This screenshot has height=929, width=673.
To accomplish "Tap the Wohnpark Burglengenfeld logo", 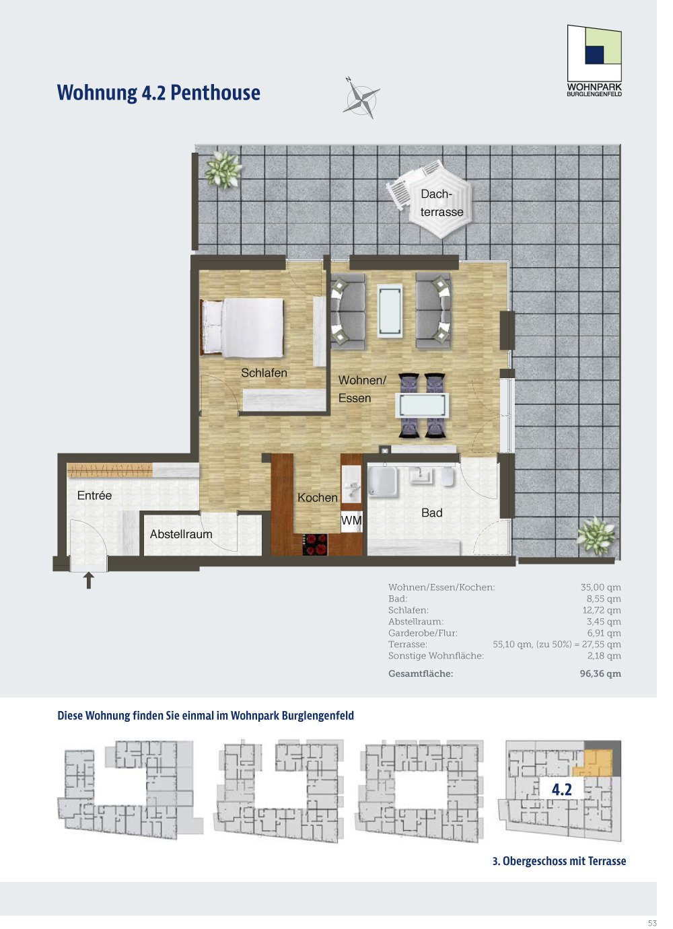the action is click(x=594, y=61).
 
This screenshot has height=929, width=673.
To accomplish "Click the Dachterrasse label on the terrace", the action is click(x=441, y=203).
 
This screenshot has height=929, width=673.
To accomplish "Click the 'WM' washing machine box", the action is click(x=351, y=521).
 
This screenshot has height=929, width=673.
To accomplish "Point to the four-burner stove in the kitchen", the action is click(x=316, y=544).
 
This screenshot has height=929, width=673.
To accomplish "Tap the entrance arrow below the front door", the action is click(x=88, y=581).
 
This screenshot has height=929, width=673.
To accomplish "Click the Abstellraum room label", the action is click(x=181, y=534).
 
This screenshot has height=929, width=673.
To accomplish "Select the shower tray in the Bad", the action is click(x=383, y=481).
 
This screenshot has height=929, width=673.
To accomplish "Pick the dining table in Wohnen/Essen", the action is click(x=423, y=405).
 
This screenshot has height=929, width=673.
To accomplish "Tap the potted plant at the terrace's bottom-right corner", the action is click(x=596, y=536).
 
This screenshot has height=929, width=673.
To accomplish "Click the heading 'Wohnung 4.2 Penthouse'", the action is click(x=159, y=92).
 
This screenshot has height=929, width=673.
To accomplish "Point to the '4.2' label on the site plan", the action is click(x=561, y=790).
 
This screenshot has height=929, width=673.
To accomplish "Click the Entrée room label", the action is click(x=94, y=495).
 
